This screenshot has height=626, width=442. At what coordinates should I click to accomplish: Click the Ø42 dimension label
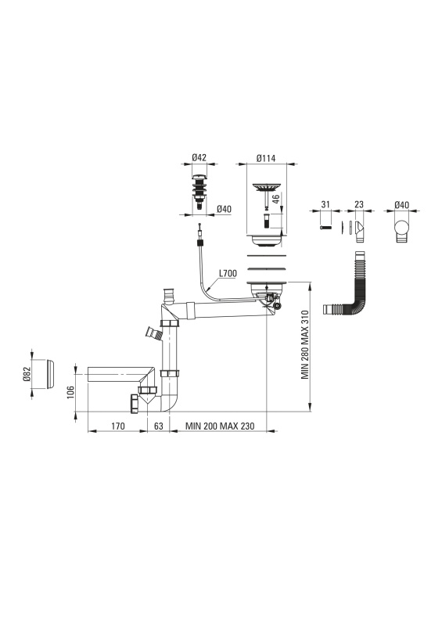tap(199, 158)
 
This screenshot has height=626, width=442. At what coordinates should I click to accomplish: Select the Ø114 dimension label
tap(266, 158)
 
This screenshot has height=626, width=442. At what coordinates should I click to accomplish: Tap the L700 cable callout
tap(228, 273)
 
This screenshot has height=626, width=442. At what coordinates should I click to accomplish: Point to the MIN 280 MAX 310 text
tap(305, 344)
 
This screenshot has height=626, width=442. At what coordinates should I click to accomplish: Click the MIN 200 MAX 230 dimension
tap(220, 426)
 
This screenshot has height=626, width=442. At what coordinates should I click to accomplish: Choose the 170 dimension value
tap(118, 426)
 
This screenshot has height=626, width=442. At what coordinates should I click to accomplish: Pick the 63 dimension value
tap(159, 426)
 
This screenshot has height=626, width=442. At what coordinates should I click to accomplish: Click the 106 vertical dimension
tap(70, 393)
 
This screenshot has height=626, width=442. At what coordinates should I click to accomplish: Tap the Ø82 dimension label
tap(27, 375)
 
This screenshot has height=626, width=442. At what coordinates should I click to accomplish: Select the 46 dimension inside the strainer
tap(275, 200)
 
